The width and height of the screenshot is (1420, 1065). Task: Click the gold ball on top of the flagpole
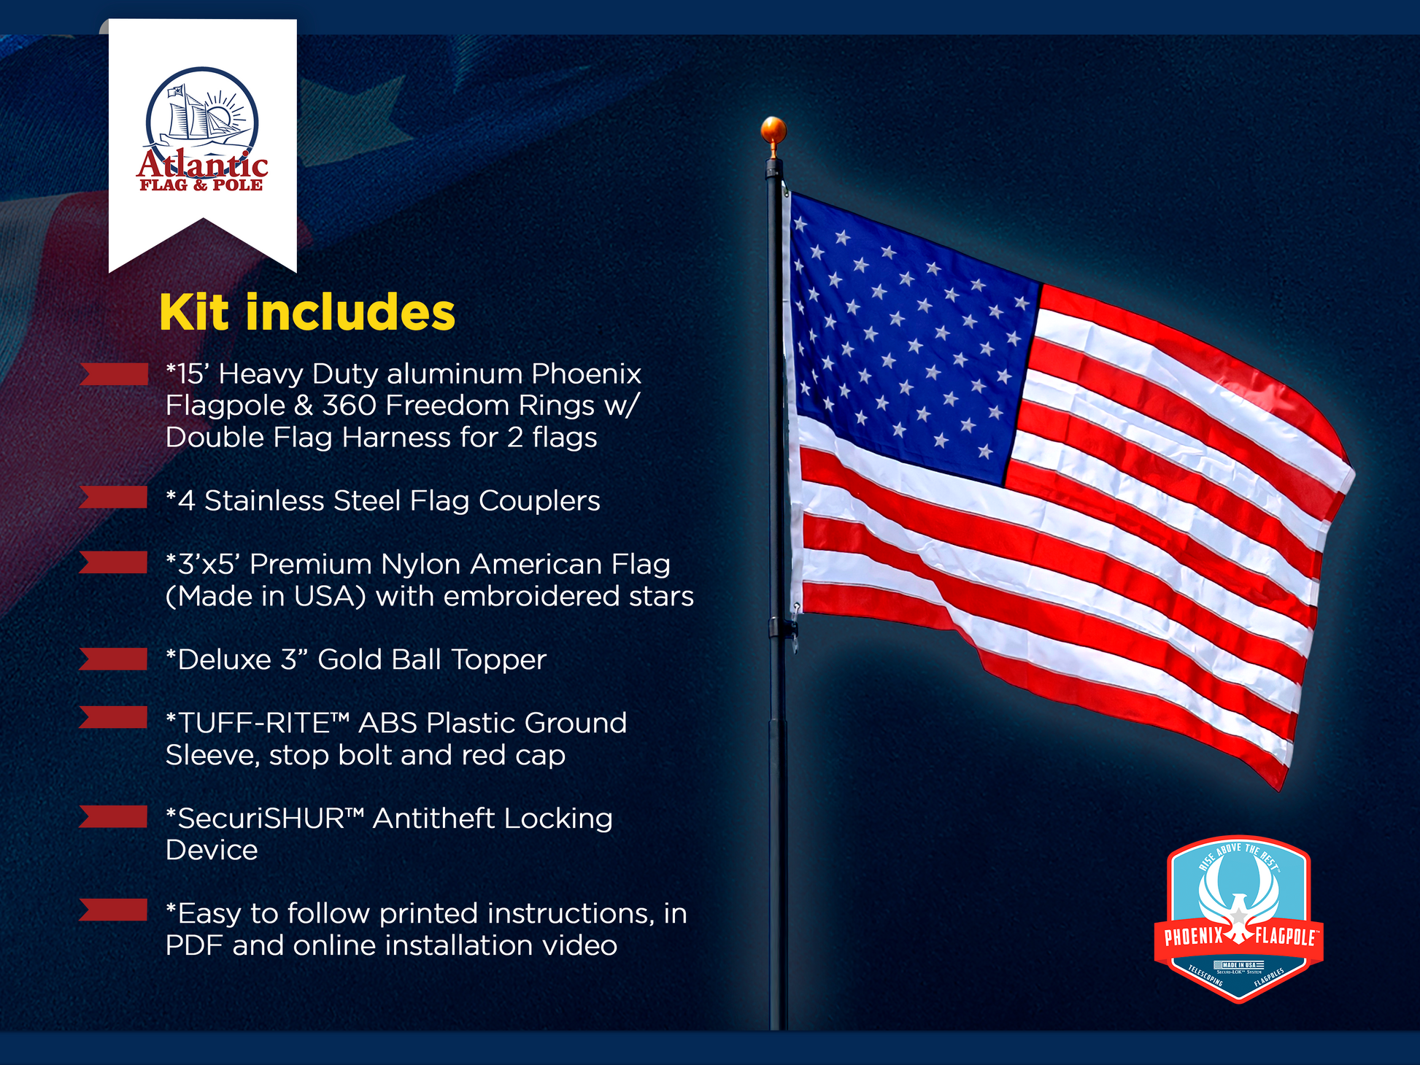[773, 130]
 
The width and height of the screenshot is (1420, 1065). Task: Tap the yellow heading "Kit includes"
[307, 313]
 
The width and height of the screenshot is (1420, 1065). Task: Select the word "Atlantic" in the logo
[202, 164]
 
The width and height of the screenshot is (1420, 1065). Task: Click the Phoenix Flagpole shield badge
[1238, 919]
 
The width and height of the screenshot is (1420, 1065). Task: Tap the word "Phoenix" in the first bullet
[586, 373]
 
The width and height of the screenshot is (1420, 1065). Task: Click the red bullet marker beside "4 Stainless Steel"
[114, 497]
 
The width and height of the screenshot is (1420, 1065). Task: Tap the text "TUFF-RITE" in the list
[255, 723]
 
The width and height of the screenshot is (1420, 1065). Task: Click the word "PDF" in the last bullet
[194, 945]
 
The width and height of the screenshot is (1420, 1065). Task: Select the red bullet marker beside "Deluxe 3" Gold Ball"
[114, 659]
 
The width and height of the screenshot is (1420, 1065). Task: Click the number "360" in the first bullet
[350, 406]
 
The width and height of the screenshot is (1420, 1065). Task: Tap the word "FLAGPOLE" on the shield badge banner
[1286, 936]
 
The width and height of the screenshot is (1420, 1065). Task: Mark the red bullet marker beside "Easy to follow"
[114, 910]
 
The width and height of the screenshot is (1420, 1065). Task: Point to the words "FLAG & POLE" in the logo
[201, 185]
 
